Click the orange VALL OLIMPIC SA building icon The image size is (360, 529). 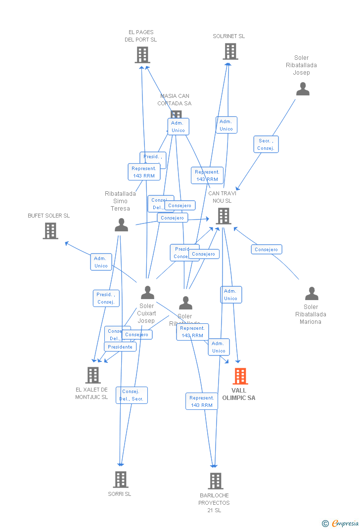(x=240, y=376)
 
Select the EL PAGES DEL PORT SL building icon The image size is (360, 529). (x=142, y=55)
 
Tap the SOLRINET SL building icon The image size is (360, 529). (x=230, y=51)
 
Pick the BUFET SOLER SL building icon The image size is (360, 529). (x=50, y=231)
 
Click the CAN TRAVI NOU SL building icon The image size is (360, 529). (x=224, y=216)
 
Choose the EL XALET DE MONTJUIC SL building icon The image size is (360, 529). (x=93, y=375)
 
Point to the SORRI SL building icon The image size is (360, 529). (x=121, y=479)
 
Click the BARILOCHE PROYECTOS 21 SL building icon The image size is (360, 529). (x=216, y=481)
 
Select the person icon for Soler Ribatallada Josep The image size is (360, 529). (x=303, y=89)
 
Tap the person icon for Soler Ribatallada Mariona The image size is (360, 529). (x=312, y=294)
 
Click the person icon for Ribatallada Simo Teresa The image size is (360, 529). (x=121, y=225)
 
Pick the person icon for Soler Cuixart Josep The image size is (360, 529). (x=147, y=293)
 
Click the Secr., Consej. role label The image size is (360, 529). (x=266, y=144)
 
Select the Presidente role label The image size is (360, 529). (x=120, y=347)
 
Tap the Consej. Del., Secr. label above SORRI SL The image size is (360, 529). (x=132, y=395)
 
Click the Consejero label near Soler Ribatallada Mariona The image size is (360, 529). (x=267, y=250)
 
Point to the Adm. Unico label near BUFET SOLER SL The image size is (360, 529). (x=101, y=262)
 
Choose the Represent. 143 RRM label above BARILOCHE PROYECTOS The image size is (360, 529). (x=202, y=401)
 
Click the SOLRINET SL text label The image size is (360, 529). (x=229, y=36)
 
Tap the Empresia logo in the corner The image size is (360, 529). (x=341, y=523)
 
